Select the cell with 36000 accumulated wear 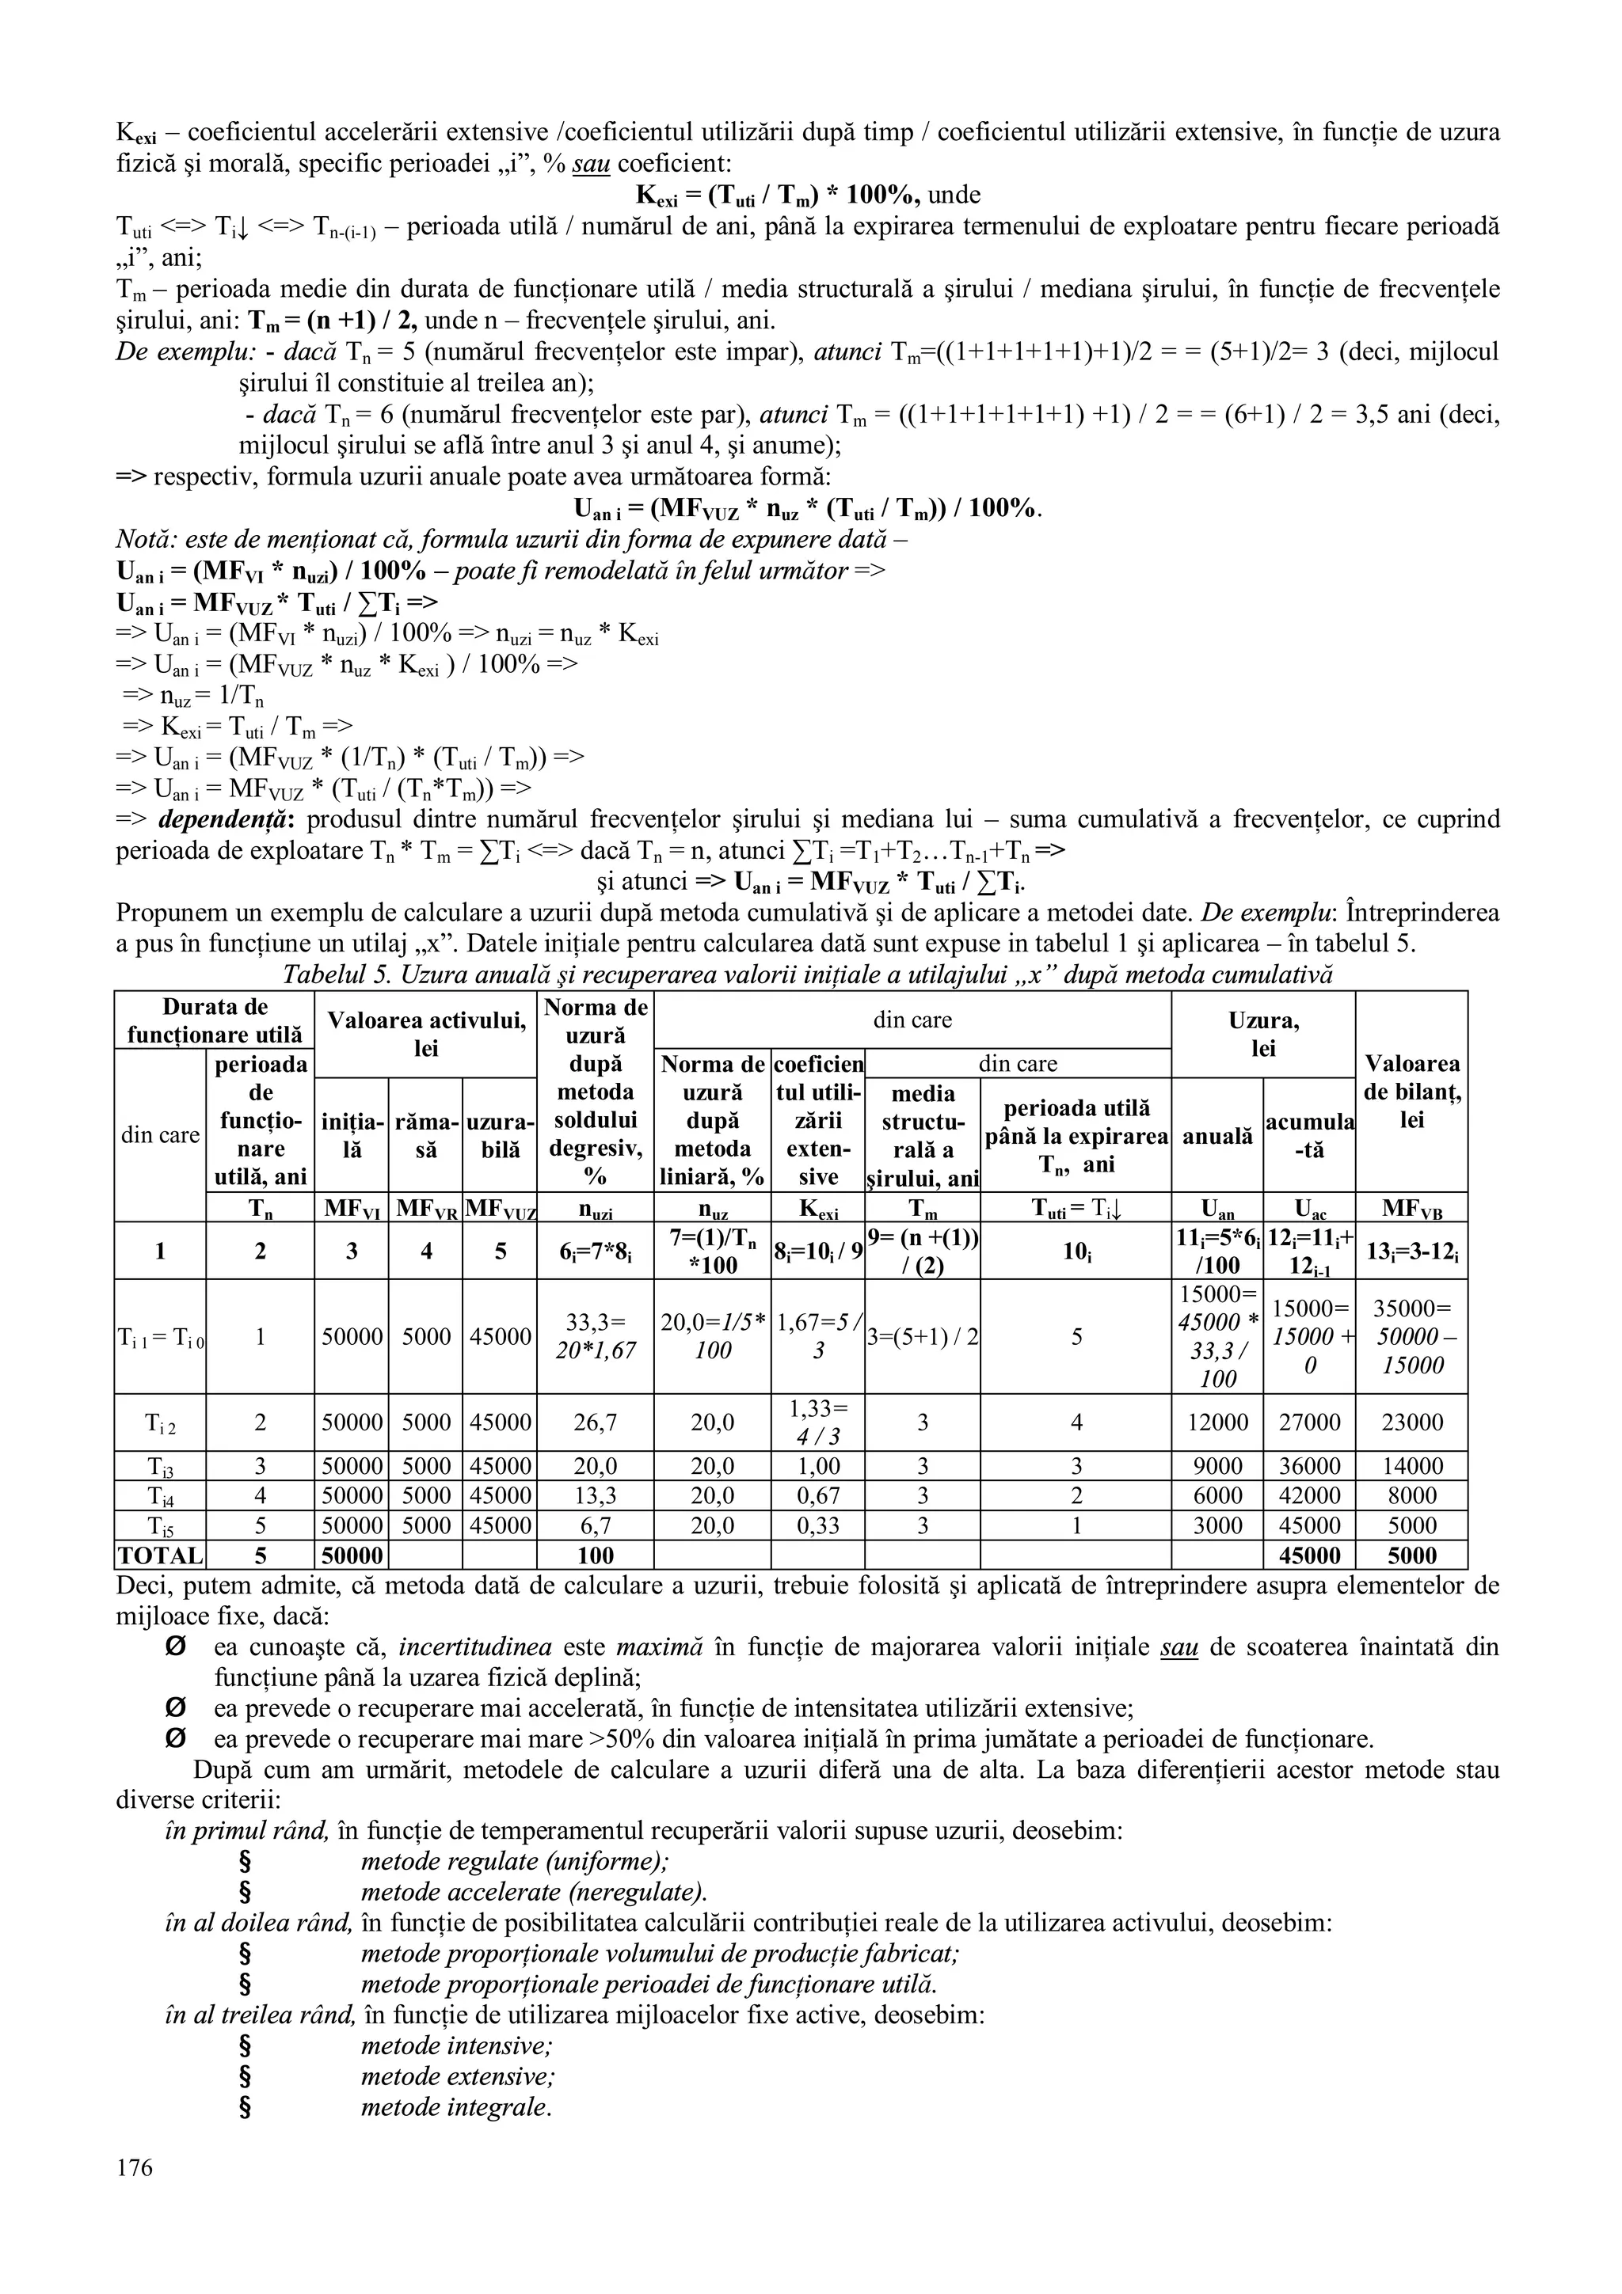click(x=1308, y=1466)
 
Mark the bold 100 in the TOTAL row click(x=595, y=1555)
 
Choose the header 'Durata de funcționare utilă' click(x=214, y=1020)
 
